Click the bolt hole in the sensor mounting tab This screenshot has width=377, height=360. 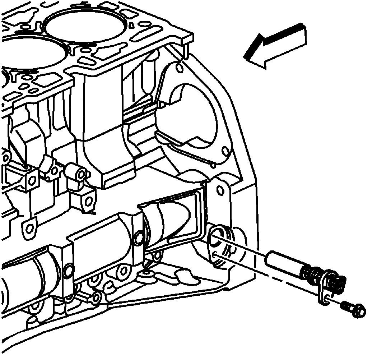[x=326, y=296]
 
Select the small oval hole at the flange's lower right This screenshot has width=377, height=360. [x=225, y=150]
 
